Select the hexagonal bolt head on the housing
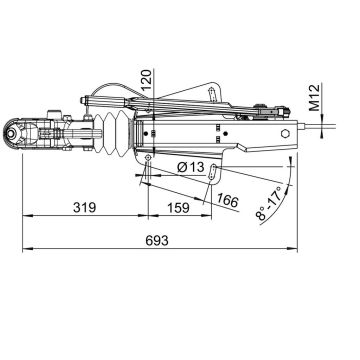click(287, 132)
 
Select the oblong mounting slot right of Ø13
click(215, 172)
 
